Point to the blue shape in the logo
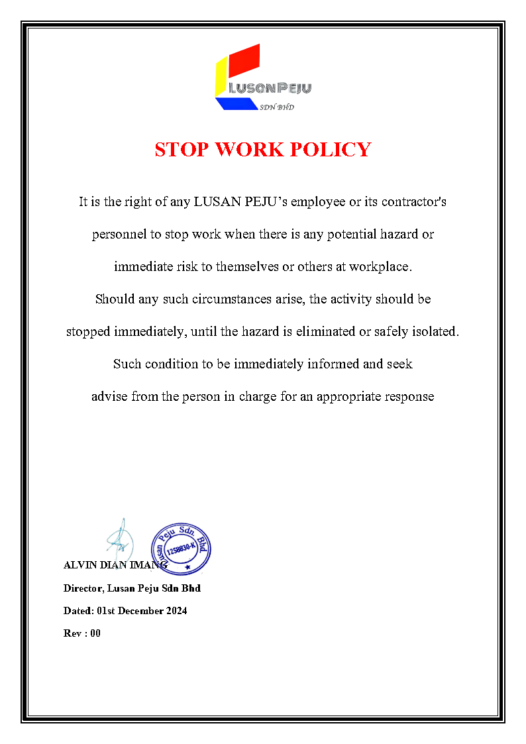(236, 103)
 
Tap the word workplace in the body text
(379, 266)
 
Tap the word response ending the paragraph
(410, 396)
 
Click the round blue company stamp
(181, 547)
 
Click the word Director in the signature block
(80, 588)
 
